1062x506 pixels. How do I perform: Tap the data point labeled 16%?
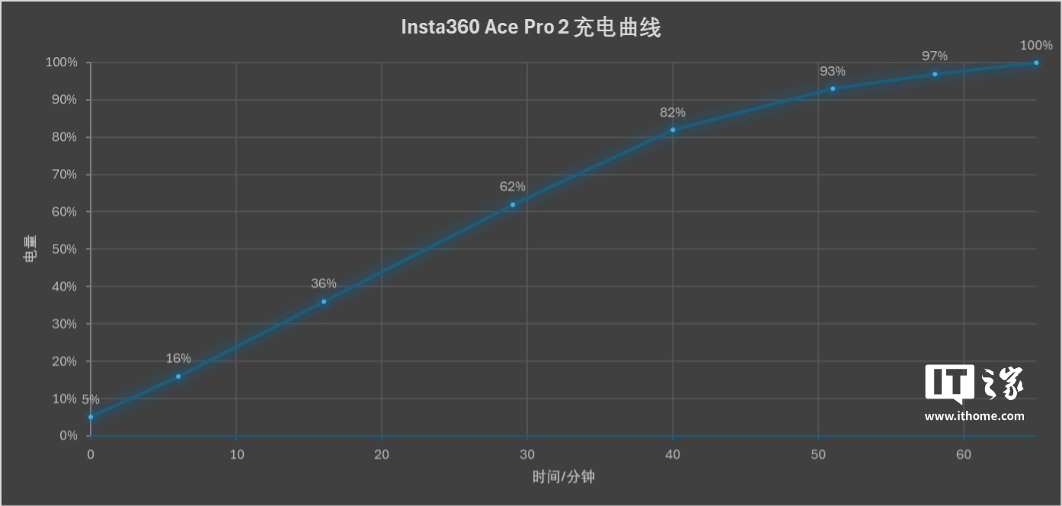coord(178,376)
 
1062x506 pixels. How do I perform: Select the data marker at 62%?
coord(513,204)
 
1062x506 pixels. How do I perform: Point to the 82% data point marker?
coord(673,130)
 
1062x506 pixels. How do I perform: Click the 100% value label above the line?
coord(1036,46)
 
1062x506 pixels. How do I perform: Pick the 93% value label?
coord(833,72)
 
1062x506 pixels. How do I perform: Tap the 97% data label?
coord(935,56)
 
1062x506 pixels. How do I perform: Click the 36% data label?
coord(324,283)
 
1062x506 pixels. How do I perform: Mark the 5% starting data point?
coord(91,417)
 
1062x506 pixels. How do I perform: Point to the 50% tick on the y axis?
coord(62,249)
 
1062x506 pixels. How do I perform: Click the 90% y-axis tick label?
coord(62,100)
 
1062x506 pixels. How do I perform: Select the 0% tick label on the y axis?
coord(65,436)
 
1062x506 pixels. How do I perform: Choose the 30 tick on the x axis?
coord(527,455)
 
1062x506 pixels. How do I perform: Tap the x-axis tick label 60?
coord(964,455)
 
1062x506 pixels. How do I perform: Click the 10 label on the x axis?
coord(236,455)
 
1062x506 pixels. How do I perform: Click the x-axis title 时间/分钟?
coord(563,478)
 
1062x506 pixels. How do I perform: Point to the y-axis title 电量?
coord(28,249)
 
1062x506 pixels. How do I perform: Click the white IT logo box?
coord(949,382)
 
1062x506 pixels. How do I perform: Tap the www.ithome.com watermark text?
coord(974,416)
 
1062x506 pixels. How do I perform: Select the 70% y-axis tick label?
coord(62,175)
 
